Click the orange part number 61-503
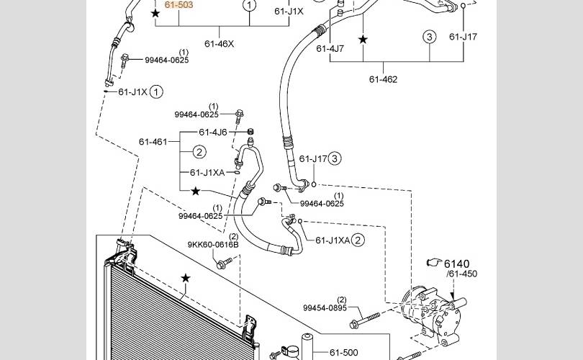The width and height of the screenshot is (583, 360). click(178, 5)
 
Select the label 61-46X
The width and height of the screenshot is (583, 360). click(220, 44)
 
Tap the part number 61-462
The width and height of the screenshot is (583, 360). click(384, 79)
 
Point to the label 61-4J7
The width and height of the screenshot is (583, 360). click(330, 49)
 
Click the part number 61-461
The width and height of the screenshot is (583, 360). click(153, 142)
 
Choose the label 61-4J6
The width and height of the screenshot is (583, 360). click(213, 132)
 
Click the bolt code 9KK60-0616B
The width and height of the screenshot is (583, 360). click(213, 245)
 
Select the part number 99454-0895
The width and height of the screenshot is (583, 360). click(325, 308)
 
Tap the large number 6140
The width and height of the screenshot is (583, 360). click(457, 264)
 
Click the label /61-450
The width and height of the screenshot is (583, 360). click(462, 274)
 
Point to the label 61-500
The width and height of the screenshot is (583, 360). click(344, 353)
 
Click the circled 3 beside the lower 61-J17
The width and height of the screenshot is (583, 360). click(335, 159)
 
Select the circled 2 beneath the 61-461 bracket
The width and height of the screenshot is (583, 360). click(199, 152)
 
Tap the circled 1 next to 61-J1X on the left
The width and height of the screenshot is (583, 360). click(156, 92)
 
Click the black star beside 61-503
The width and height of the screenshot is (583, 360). click(155, 14)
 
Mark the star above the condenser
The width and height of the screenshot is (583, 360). click(186, 278)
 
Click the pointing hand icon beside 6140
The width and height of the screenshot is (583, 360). click(434, 262)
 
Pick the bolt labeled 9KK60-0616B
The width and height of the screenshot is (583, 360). click(224, 263)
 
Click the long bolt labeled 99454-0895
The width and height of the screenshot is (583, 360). click(365, 320)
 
